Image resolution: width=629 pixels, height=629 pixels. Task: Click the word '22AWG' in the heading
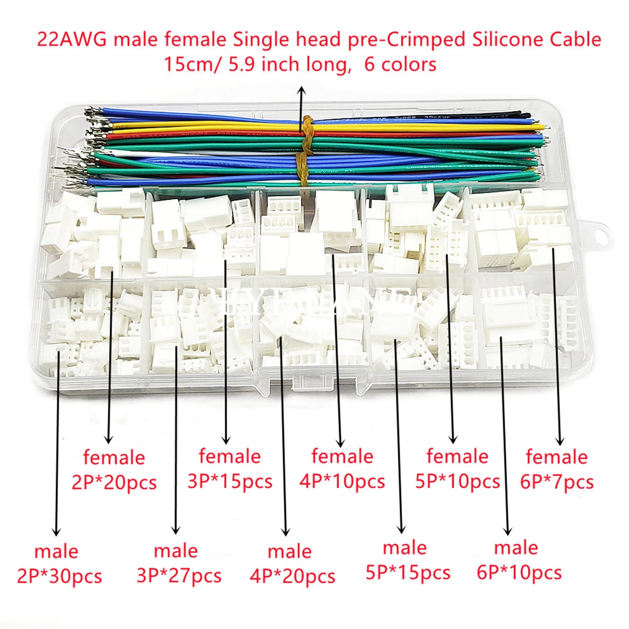click(x=72, y=40)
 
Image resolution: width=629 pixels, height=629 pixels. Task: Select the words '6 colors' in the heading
click(x=400, y=64)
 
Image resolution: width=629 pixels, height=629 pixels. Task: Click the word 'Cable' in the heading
click(x=575, y=40)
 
